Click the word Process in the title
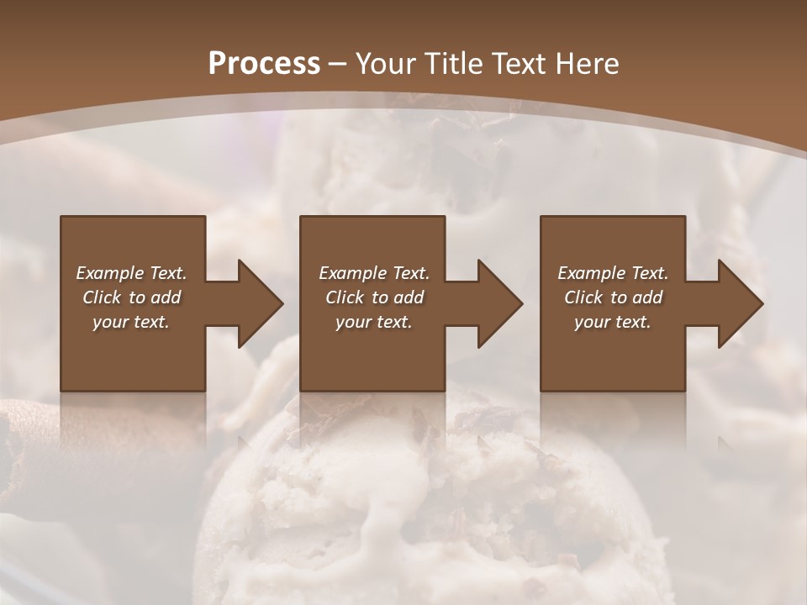coord(264,64)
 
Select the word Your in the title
coord(385,64)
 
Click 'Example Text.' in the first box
coord(131,273)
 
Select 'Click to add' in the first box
coord(131,297)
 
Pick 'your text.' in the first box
coord(131,322)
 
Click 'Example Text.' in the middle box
coord(374,273)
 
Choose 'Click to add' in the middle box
coord(374,297)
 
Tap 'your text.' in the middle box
coord(374,322)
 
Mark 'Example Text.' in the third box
coord(613,273)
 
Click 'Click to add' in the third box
coord(613,297)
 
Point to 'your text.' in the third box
coord(613,322)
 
